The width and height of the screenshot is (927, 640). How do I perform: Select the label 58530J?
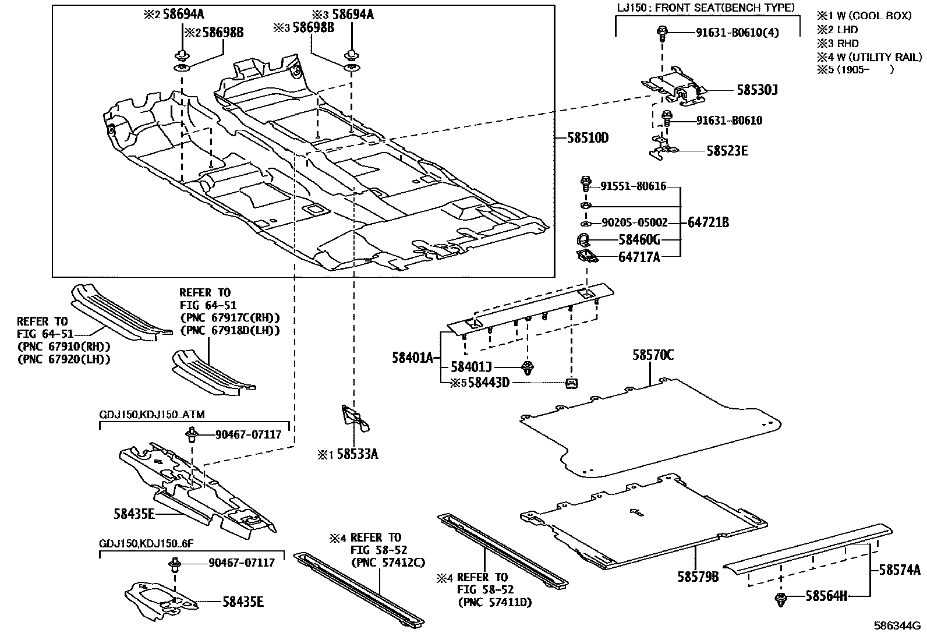point(757,90)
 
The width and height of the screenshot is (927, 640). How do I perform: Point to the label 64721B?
point(708,222)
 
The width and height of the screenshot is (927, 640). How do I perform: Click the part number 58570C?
point(653,355)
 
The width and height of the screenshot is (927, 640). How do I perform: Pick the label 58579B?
point(698,577)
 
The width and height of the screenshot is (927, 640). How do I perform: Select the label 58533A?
point(356,454)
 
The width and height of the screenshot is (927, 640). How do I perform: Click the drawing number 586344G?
point(897,627)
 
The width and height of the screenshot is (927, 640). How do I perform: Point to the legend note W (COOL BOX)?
point(874,16)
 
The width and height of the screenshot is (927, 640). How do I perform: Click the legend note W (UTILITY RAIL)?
point(879,57)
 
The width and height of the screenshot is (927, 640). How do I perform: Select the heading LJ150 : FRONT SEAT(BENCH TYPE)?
point(706,8)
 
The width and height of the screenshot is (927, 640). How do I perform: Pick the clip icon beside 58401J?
point(529,367)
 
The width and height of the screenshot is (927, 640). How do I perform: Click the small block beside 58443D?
point(571,383)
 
